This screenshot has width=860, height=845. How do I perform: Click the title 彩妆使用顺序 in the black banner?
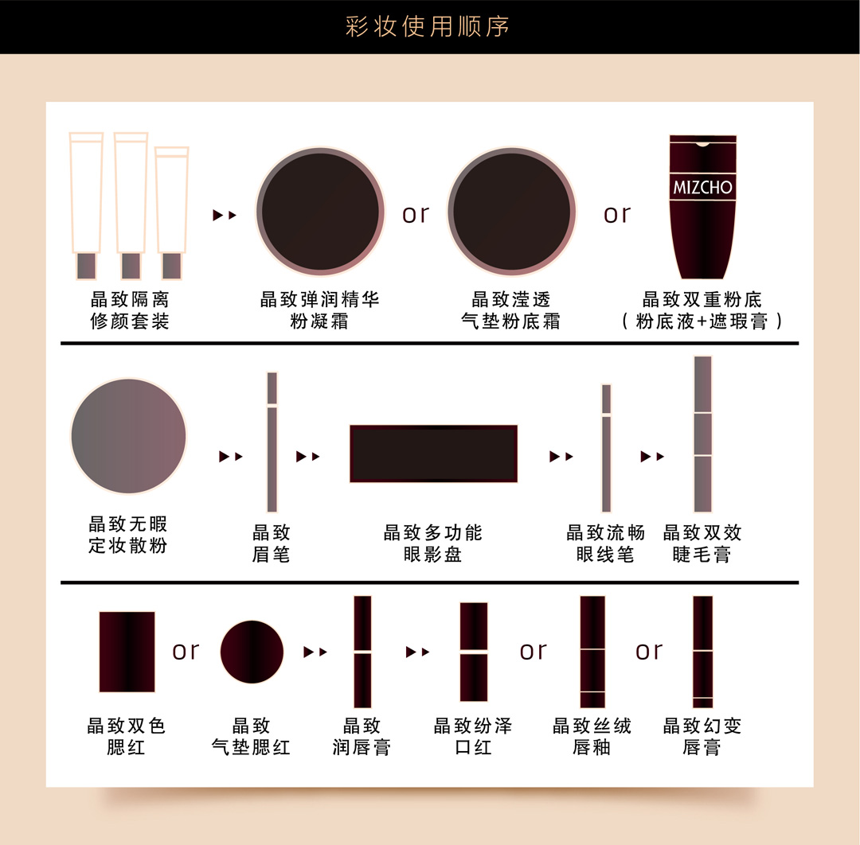428,26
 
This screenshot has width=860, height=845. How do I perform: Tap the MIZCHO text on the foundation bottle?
702,188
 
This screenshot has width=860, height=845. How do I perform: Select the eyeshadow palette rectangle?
433,454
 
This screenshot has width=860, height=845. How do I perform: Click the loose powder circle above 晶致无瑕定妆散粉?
128,436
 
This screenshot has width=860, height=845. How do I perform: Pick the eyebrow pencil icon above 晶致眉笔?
272,442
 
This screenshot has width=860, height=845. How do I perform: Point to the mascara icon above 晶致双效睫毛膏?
702,434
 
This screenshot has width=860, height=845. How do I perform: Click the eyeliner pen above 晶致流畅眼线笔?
606,448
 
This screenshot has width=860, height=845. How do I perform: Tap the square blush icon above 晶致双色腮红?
127,652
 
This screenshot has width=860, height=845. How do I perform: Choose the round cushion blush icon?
252,652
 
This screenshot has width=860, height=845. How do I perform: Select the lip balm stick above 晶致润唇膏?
362,652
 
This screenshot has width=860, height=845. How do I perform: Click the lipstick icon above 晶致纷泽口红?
473,652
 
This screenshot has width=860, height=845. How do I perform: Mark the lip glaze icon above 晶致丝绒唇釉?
592,652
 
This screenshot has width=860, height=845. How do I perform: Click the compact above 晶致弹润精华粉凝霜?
320,212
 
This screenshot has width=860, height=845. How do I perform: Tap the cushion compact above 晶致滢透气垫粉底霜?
512,212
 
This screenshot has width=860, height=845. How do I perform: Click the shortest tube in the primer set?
172,212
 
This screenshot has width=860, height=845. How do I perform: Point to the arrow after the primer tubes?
225,215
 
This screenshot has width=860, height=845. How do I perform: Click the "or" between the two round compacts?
415,214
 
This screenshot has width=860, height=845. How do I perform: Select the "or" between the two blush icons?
186,651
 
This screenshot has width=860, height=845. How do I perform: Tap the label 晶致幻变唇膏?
702,736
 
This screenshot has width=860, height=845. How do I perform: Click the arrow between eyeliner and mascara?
652,456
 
